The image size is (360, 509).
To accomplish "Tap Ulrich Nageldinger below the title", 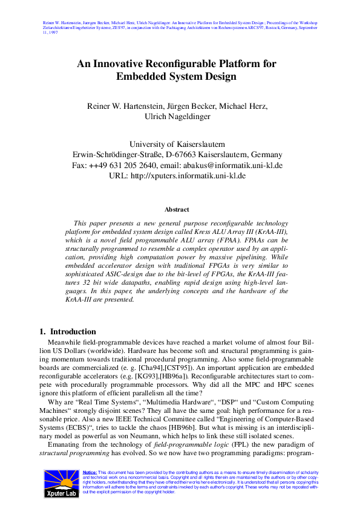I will tap(180, 117).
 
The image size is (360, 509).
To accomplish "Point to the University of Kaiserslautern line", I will tap(177, 144).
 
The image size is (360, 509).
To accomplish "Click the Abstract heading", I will tap(177, 209).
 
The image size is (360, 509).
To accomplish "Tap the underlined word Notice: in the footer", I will tap(90, 472).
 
